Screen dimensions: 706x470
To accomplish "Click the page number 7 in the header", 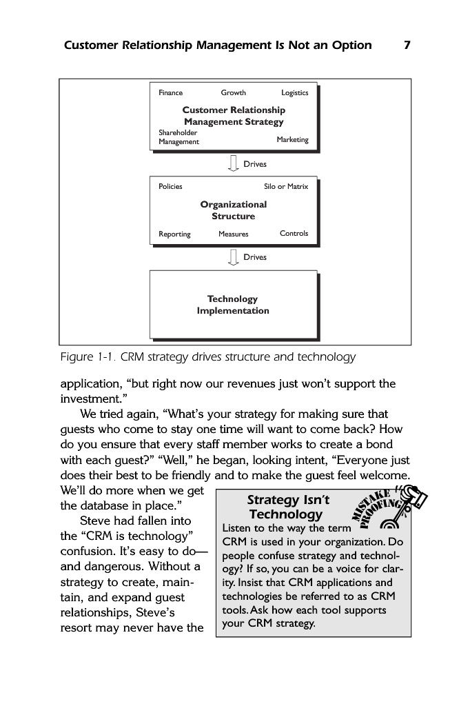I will (407, 46).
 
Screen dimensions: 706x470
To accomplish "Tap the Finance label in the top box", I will (170, 93).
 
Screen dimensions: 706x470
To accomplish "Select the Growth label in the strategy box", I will (233, 93).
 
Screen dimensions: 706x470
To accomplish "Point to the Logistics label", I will (294, 93).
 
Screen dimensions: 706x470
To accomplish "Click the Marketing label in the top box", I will (292, 139).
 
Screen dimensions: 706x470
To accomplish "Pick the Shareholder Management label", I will (178, 137).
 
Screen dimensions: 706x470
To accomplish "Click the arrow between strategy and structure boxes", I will (232, 164).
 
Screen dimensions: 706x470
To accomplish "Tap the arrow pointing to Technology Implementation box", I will (232, 257).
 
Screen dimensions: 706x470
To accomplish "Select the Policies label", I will (170, 186).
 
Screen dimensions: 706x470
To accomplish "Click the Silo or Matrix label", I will (286, 186).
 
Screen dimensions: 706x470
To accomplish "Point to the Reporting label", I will (174, 234).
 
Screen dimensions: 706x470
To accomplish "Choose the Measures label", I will (233, 234).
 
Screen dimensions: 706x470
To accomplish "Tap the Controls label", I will (294, 233).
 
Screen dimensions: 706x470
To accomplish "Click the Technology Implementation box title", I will (233, 305).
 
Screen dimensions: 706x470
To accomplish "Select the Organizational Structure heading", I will (233, 210).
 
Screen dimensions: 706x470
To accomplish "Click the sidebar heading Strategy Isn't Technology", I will (287, 507).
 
